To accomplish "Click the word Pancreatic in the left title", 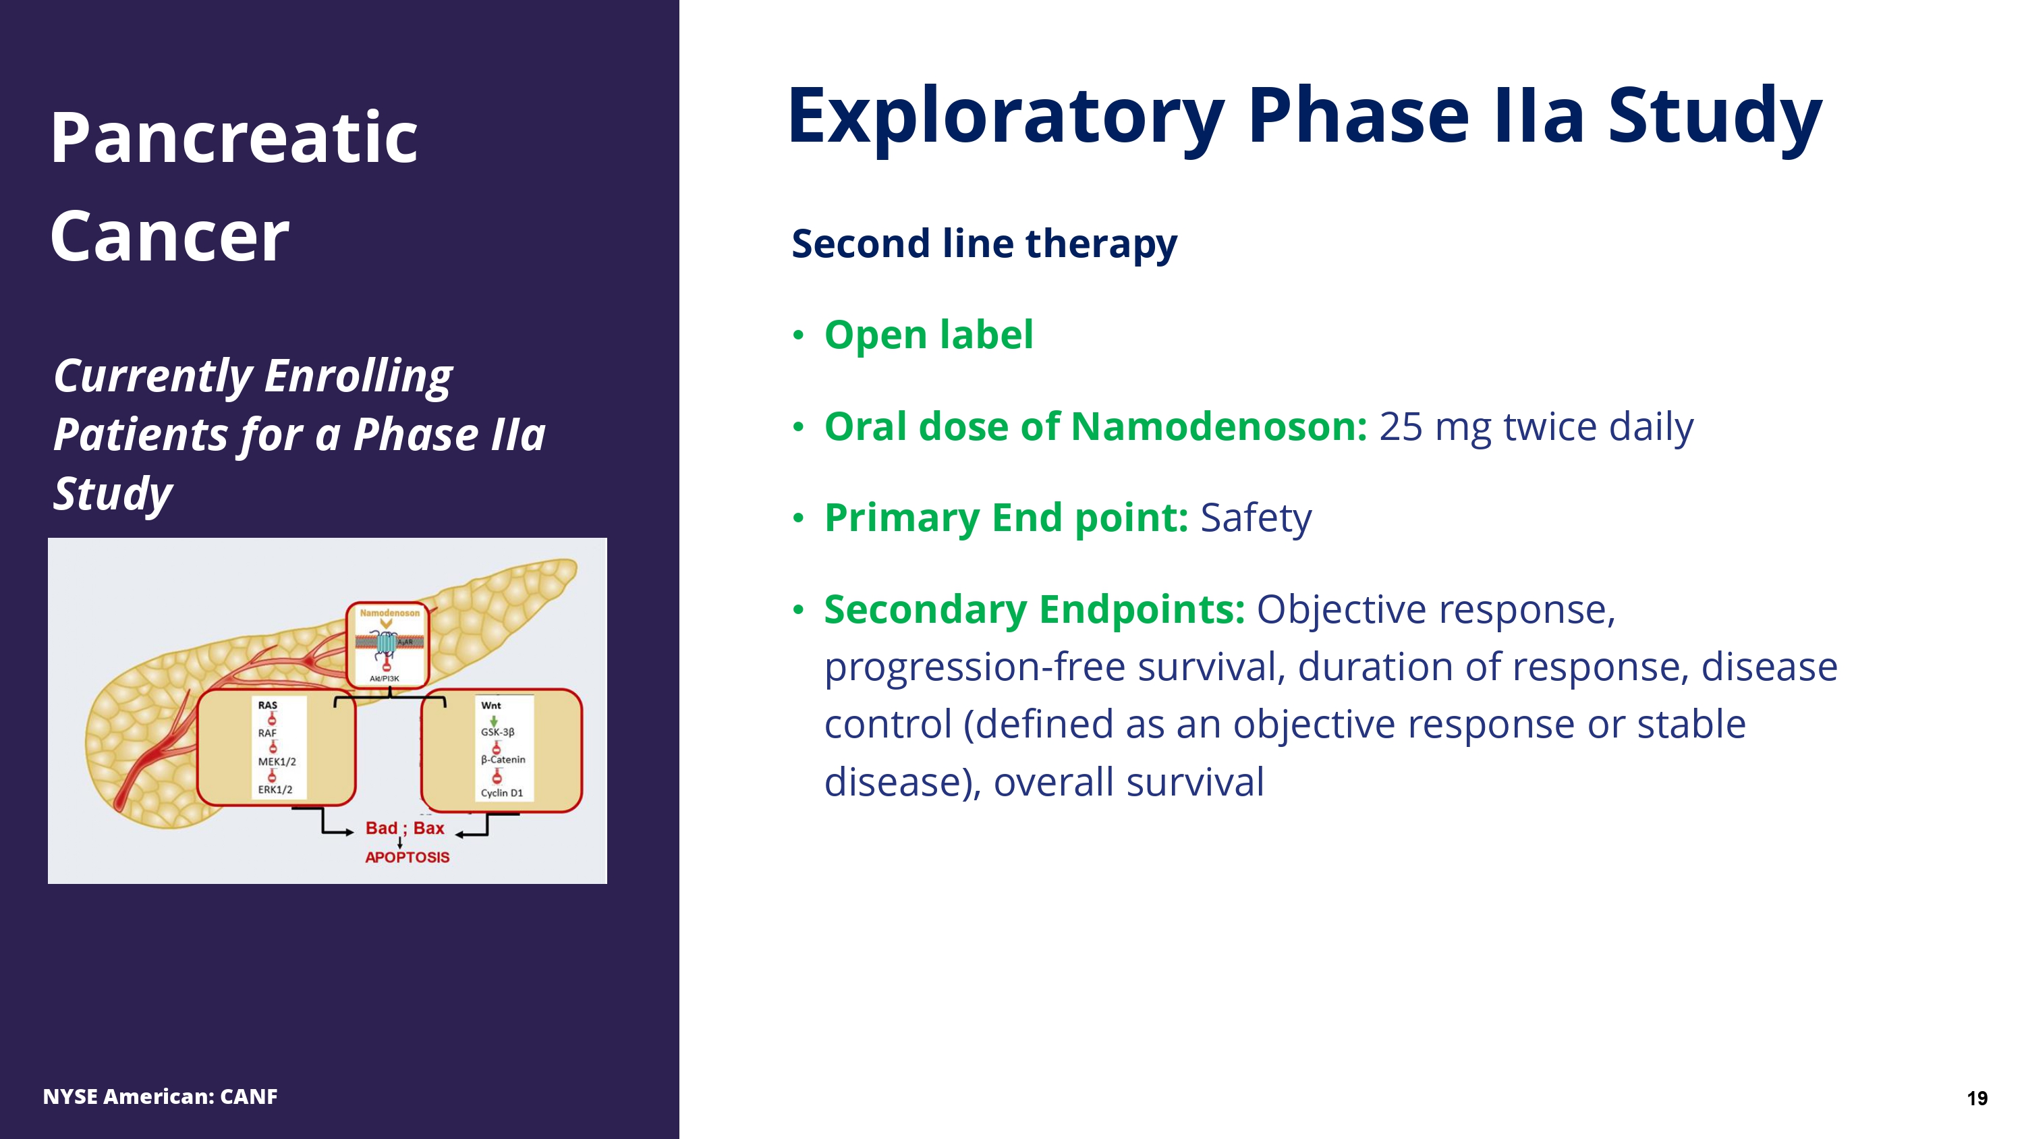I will (x=233, y=138).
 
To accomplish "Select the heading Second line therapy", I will (x=984, y=244).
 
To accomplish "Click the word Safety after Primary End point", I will (x=1256, y=518).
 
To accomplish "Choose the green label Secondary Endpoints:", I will (x=1034, y=609).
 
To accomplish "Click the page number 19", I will (x=1977, y=1098).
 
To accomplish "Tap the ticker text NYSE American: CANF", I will (x=161, y=1096).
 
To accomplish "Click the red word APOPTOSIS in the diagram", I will (x=407, y=858).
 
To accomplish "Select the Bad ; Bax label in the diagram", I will (x=405, y=829).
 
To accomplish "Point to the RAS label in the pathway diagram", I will (x=267, y=705).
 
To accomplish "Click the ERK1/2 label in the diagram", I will (x=275, y=789).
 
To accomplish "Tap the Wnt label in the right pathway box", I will (x=490, y=705).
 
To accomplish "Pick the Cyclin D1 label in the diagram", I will (x=501, y=792).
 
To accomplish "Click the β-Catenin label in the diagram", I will (x=503, y=759).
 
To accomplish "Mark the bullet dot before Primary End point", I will (x=798, y=518).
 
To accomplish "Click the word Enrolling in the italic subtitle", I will (x=358, y=376).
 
